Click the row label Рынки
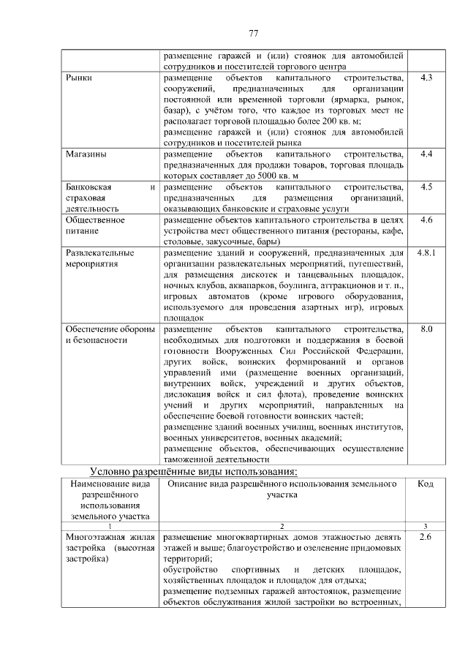pos(78,78)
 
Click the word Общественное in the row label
pos(95,219)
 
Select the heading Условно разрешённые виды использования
pos(193,470)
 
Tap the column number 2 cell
pos(282,527)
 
